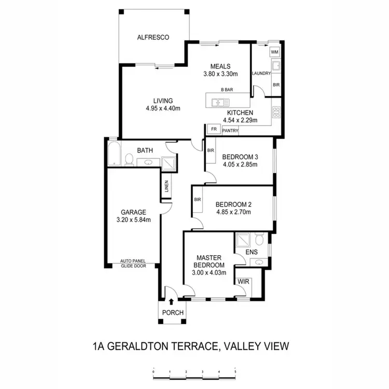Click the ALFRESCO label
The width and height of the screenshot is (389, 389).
[153, 37]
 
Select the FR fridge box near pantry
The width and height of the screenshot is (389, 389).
[213, 128]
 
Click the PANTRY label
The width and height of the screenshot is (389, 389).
[230, 131]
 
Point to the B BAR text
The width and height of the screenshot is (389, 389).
[227, 90]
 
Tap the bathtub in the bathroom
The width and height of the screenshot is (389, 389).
[114, 155]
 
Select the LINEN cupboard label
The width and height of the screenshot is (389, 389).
[166, 186]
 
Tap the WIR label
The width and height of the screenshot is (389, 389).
[243, 282]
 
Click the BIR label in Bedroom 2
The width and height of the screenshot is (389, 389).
[198, 200]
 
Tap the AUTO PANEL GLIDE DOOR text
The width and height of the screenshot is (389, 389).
[133, 263]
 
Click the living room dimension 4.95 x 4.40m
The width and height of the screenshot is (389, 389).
[163, 108]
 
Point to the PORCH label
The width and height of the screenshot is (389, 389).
[172, 312]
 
